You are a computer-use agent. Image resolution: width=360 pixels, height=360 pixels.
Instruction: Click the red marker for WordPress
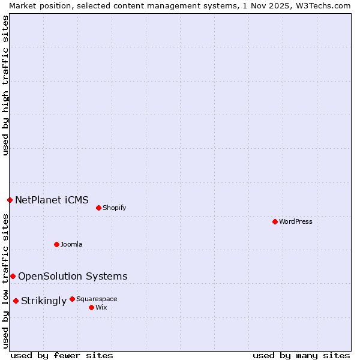pyautogui.click(x=275, y=221)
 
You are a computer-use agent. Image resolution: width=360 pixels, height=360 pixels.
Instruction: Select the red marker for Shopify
pyautogui.click(x=98, y=208)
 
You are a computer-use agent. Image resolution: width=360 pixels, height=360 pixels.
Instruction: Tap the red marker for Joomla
pyautogui.click(x=56, y=244)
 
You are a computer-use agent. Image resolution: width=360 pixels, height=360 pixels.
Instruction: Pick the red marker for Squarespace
pyautogui.click(x=72, y=299)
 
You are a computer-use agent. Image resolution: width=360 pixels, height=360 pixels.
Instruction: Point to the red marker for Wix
pyautogui.click(x=91, y=307)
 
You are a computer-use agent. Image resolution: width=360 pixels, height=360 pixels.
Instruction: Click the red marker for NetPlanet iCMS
pyautogui.click(x=10, y=200)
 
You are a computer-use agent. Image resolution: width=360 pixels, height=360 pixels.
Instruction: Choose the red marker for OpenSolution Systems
pyautogui.click(x=13, y=276)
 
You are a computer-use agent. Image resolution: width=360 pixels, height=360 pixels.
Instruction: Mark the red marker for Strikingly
pyautogui.click(x=16, y=301)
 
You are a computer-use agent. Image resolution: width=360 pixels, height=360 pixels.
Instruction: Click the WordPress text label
pyautogui.click(x=296, y=221)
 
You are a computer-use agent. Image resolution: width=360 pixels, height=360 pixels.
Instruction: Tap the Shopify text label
pyautogui.click(x=114, y=208)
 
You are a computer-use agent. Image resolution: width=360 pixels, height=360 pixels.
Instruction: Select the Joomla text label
pyautogui.click(x=71, y=244)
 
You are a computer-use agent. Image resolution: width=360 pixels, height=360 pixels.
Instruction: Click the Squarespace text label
pyautogui.click(x=97, y=299)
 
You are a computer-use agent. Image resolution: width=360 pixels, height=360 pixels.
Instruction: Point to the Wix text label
pyautogui.click(x=101, y=307)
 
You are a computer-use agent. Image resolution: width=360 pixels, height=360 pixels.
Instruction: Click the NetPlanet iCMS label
pyautogui.click(x=52, y=200)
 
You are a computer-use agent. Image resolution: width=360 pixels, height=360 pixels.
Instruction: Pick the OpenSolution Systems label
pyautogui.click(x=73, y=276)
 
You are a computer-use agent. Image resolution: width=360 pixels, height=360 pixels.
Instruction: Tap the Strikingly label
pyautogui.click(x=44, y=301)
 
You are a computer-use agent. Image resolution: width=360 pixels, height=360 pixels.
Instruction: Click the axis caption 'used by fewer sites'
pyautogui.click(x=62, y=355)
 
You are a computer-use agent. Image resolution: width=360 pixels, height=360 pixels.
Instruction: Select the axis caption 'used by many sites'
pyautogui.click(x=301, y=355)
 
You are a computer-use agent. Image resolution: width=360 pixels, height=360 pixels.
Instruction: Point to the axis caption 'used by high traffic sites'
pyautogui.click(x=5, y=85)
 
